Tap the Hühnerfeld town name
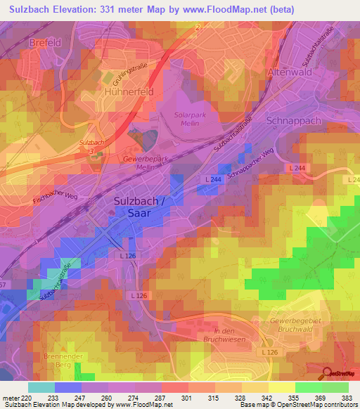(128, 92)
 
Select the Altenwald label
(289, 72)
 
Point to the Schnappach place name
(294, 121)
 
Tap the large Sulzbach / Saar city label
(139, 207)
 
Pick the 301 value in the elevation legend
(187, 398)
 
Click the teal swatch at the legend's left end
(41, 387)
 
